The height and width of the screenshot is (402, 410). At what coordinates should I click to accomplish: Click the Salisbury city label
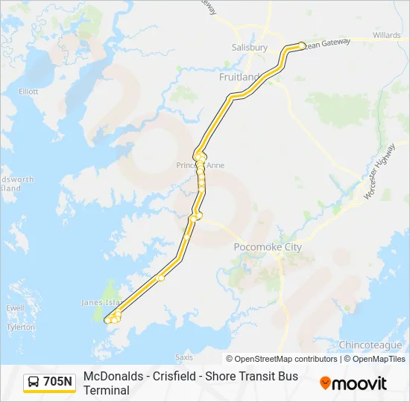coord(250,47)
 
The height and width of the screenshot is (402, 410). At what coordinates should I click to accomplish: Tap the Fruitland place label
coord(239,77)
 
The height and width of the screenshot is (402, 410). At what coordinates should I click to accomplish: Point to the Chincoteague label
coord(370,345)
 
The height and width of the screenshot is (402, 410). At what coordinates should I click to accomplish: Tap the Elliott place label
coord(28,92)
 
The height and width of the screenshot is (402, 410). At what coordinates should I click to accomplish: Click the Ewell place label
coord(15,307)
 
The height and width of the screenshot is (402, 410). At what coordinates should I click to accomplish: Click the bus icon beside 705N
coord(34,382)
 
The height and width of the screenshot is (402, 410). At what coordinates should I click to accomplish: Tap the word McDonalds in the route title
coord(113,377)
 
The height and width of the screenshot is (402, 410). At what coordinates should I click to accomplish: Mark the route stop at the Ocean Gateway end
coord(301,45)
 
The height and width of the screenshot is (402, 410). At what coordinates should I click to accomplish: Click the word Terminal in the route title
coord(107,390)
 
